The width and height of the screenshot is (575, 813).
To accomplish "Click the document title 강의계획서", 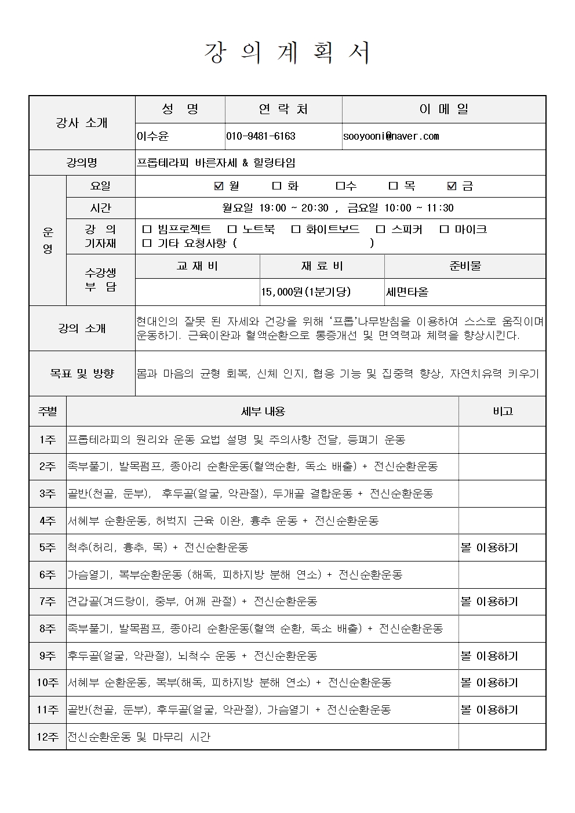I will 287,53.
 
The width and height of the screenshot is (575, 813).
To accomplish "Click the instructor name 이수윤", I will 152,136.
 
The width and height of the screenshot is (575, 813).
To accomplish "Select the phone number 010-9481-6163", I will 260,136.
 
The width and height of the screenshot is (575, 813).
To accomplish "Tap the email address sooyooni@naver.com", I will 391,136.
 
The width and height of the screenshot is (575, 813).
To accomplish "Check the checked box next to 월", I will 219,186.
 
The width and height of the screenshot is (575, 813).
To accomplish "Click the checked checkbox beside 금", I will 452,186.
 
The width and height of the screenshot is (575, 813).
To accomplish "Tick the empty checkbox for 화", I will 276,186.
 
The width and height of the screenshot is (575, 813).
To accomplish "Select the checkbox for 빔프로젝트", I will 147,229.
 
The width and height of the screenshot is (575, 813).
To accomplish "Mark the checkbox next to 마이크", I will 444,229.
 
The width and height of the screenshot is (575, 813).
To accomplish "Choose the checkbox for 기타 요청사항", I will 147,243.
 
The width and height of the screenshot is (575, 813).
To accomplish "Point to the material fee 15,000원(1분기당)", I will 306,292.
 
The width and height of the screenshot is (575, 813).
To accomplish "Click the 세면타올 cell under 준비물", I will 407,292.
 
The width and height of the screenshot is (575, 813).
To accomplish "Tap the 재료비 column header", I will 322,266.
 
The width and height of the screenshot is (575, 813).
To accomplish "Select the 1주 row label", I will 48,440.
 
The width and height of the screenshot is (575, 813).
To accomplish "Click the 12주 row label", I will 48,737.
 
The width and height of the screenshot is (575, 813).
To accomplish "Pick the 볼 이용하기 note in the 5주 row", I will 489,548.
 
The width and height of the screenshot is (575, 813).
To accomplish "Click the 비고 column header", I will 502,411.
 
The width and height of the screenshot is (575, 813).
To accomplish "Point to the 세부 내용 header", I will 263,411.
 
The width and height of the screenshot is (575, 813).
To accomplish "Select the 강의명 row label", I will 82,163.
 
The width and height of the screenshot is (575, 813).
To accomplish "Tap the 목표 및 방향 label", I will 82,374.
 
